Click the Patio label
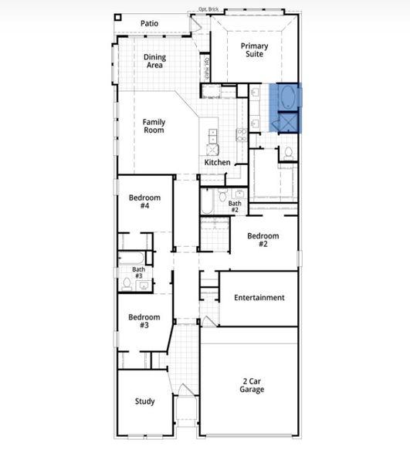coord(149,23)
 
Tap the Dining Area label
coord(155,61)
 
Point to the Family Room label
coord(154,126)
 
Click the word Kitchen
coord(217,163)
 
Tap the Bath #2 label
coord(234,206)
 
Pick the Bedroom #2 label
coord(263,240)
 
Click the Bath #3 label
coord(138,272)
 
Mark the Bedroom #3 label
coord(144,321)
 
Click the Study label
coord(144,401)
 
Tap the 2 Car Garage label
coord(252,385)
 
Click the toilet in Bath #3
coord(127,283)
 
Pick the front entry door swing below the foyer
coord(186,389)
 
